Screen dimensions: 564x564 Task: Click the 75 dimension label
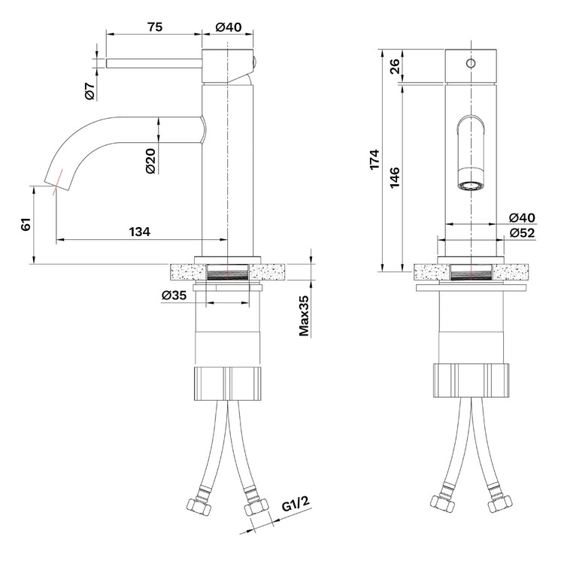tap(155, 27)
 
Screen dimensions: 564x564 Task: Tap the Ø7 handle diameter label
tap(90, 91)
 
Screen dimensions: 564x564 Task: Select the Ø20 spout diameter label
tap(151, 161)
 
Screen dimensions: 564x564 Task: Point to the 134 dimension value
tap(140, 232)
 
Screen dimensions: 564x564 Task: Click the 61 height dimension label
tap(26, 224)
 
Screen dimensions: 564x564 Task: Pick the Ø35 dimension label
tap(174, 296)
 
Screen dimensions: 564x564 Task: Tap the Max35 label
tap(305, 316)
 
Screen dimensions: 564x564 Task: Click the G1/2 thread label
tap(296, 504)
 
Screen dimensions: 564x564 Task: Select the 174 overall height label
tap(374, 159)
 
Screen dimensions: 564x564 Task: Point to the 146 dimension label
tap(395, 177)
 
